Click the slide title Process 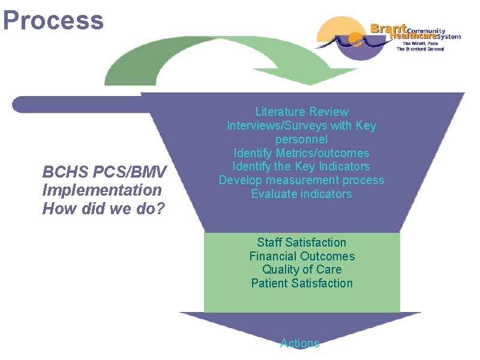[x=53, y=20]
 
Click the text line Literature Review [x=301, y=112]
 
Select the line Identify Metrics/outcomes [x=301, y=153]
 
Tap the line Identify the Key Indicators [x=301, y=167]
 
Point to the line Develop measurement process [x=301, y=181]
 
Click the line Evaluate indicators [x=301, y=194]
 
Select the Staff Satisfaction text [x=301, y=242]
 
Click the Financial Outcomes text [x=301, y=256]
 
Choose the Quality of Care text [x=301, y=270]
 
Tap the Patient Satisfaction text [x=301, y=283]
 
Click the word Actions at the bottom [x=300, y=343]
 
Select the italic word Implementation [x=102, y=191]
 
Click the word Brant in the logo [x=388, y=28]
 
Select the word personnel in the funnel [x=301, y=139]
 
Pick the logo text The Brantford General [x=420, y=49]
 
